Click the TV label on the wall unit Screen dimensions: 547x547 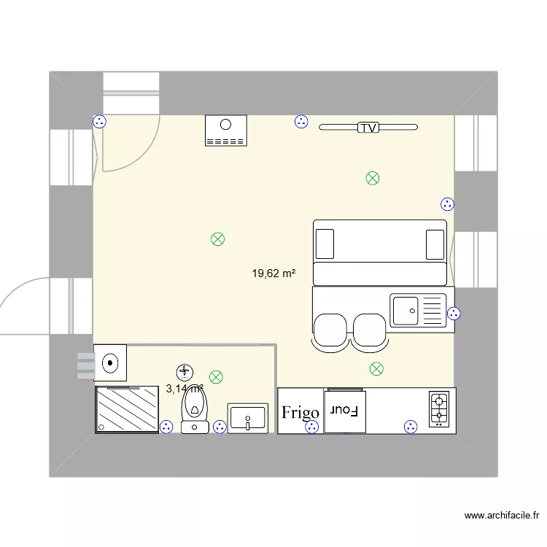(x=368, y=128)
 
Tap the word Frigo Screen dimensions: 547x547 (x=300, y=413)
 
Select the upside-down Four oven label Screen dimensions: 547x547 (x=341, y=411)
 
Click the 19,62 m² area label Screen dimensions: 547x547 (x=273, y=274)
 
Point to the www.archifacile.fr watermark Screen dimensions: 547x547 (x=503, y=516)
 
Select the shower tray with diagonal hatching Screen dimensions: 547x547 (x=127, y=409)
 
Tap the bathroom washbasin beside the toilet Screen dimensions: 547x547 (x=248, y=418)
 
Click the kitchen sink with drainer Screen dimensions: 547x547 (x=417, y=310)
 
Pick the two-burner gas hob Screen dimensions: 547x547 (x=440, y=409)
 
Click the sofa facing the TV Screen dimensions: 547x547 (x=379, y=252)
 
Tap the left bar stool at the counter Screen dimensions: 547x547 (x=330, y=331)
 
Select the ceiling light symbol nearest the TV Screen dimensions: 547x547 (x=373, y=177)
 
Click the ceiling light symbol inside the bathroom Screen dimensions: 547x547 (x=216, y=377)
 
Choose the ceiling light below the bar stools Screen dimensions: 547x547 (x=376, y=369)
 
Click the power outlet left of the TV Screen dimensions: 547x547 (x=301, y=123)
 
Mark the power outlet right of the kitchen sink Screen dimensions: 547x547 (x=454, y=314)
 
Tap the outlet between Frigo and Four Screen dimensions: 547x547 (x=312, y=427)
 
